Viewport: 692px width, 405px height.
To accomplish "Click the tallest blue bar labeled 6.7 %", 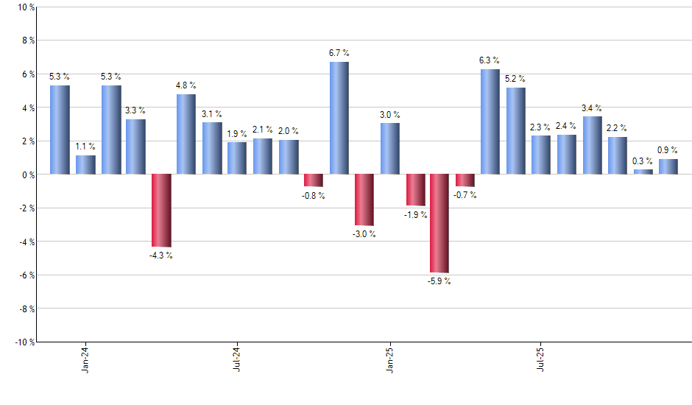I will (339, 118).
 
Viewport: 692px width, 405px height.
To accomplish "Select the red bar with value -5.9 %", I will (439, 223).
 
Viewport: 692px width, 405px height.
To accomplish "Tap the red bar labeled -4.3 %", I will (161, 210).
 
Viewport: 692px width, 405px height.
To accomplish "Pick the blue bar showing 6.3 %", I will (490, 121).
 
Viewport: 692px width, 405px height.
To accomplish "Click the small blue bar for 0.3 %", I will (643, 172).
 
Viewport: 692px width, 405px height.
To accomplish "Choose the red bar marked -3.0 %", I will (364, 200).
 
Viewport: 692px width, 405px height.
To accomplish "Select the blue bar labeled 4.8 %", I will (186, 134).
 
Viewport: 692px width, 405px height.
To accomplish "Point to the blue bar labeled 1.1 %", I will (85, 165).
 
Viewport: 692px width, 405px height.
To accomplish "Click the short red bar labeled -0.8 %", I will (314, 180).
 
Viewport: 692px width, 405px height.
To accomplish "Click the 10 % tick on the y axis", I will (25, 7).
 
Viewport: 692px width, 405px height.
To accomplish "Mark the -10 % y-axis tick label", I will (24, 342).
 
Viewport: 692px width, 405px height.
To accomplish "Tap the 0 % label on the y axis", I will (28, 175).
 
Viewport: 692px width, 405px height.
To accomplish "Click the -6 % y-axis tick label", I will (26, 275).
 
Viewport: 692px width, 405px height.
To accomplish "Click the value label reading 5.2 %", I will (515, 79).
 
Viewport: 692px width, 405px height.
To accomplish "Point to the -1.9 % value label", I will (414, 214).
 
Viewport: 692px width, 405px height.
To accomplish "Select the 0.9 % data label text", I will (668, 150).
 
